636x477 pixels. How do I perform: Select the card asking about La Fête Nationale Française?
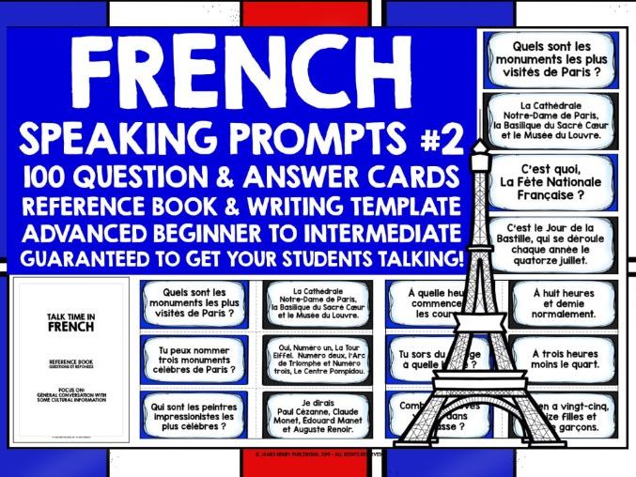click(x=541, y=176)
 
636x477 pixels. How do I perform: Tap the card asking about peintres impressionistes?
click(x=194, y=417)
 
